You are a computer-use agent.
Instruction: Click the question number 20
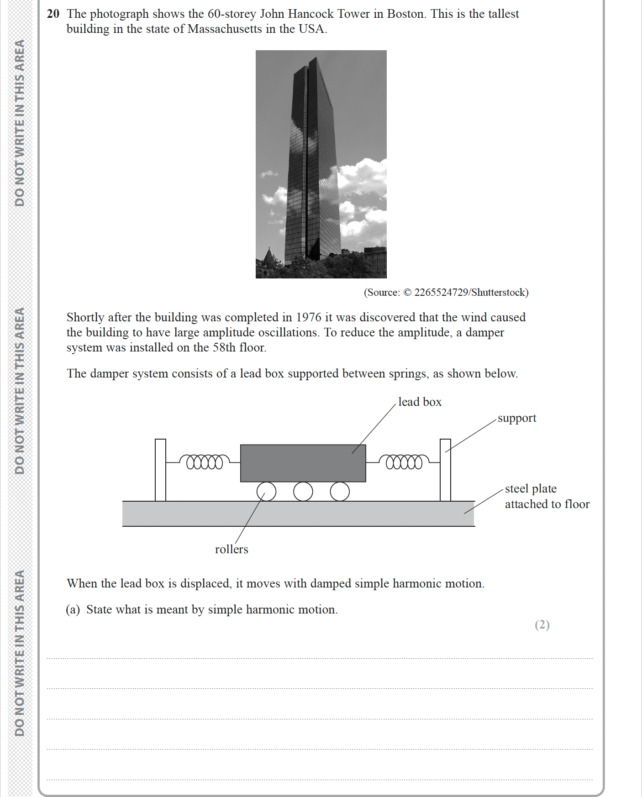tap(53, 14)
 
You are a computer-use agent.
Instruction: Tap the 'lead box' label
tap(420, 402)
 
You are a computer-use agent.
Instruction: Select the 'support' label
tap(516, 418)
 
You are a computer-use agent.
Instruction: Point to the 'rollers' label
tap(232, 549)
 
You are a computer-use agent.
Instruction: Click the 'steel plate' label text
tap(531, 488)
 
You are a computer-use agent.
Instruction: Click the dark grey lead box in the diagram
tap(303, 463)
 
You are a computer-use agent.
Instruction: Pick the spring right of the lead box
tap(404, 462)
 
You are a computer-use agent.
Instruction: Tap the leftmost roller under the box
tap(267, 492)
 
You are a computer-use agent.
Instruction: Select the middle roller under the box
tap(303, 492)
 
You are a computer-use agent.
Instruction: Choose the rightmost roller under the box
tap(340, 492)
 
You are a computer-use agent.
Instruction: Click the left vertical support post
tap(160, 470)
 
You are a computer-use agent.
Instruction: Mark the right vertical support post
tap(445, 470)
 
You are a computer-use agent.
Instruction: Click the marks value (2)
tap(542, 624)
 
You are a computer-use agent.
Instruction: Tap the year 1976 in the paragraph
tap(309, 317)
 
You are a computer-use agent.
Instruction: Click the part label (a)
tap(73, 609)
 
